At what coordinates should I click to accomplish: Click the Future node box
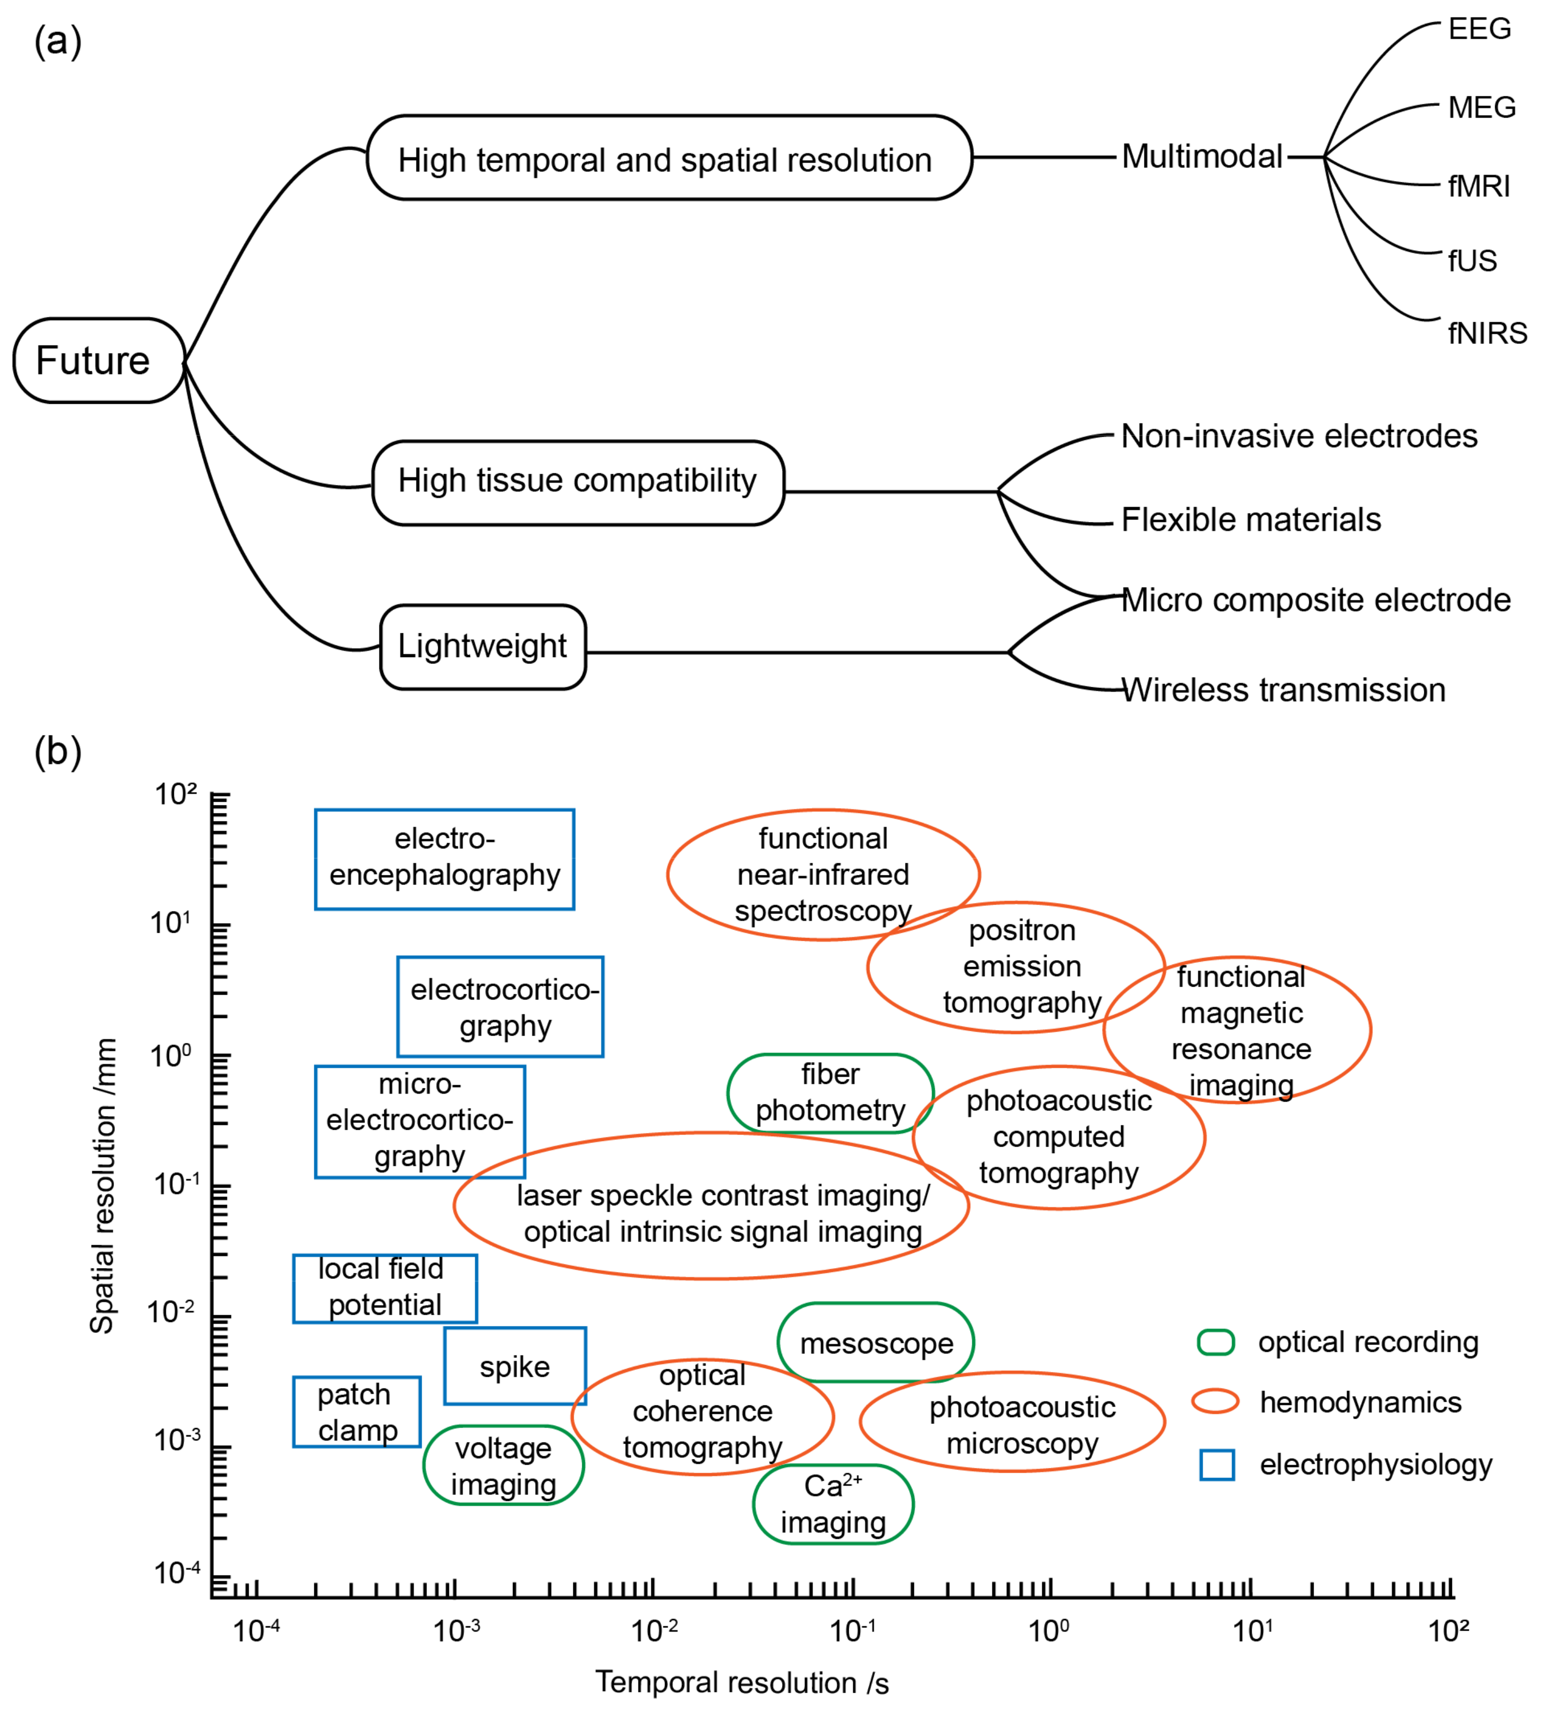click(x=99, y=360)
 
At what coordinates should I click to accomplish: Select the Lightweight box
click(x=482, y=647)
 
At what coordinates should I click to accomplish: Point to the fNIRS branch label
click(x=1486, y=333)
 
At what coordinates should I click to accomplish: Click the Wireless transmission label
click(x=1283, y=690)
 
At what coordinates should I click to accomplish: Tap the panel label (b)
click(x=58, y=751)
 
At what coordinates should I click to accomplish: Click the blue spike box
click(x=514, y=1366)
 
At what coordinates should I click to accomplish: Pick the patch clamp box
click(x=357, y=1412)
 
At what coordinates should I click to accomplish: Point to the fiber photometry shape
click(x=830, y=1093)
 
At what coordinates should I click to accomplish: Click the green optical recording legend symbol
click(x=1215, y=1342)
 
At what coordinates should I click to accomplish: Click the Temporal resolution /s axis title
click(x=741, y=1682)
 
